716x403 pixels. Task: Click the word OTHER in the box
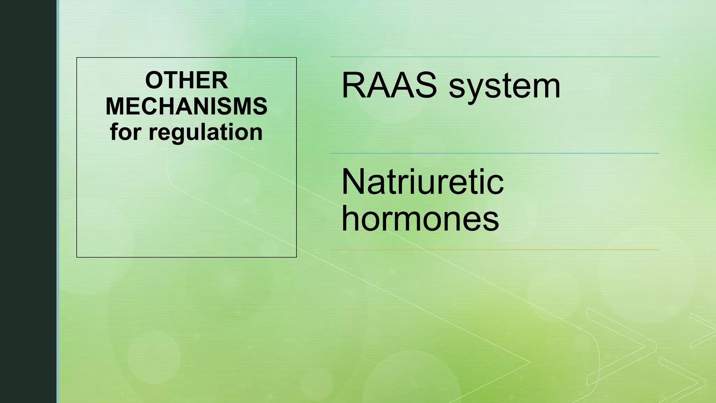[x=186, y=80]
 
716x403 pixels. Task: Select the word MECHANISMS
[x=186, y=106]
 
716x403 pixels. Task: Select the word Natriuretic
[x=422, y=182]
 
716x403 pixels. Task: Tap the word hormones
[x=420, y=219]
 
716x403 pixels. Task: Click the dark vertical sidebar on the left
[x=28, y=201]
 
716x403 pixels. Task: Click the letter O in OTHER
[x=154, y=80]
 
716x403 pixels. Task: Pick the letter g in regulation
[x=179, y=135]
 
